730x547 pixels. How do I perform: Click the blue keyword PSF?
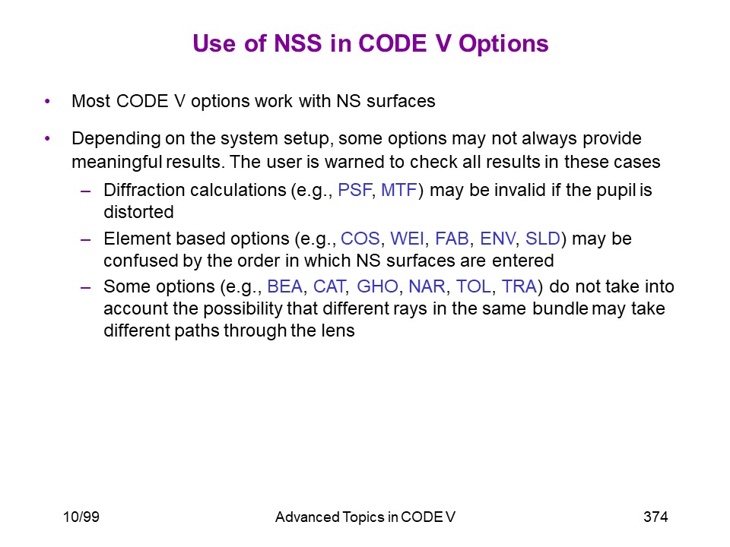click(355, 190)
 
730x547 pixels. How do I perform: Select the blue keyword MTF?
click(399, 190)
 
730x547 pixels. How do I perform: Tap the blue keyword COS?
click(360, 239)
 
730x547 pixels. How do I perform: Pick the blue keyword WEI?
click(408, 239)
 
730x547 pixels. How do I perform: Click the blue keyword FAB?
click(452, 239)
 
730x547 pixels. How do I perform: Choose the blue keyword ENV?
click(497, 239)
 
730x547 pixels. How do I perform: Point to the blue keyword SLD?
click(542, 239)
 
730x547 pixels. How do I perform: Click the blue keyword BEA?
click(285, 286)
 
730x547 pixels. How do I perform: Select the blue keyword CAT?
click(329, 286)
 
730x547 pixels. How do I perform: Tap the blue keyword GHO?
click(378, 286)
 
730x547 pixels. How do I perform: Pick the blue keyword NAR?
click(427, 286)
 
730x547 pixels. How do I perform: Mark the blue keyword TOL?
click(474, 286)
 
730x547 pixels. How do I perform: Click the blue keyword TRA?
click(519, 286)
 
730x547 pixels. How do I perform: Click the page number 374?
click(655, 517)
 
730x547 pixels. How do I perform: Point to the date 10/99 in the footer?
click(81, 517)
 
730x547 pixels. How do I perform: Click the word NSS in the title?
click(298, 43)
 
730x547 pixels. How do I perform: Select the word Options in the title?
click(503, 44)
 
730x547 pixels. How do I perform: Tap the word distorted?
click(138, 212)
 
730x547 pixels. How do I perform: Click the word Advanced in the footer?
click(307, 517)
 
